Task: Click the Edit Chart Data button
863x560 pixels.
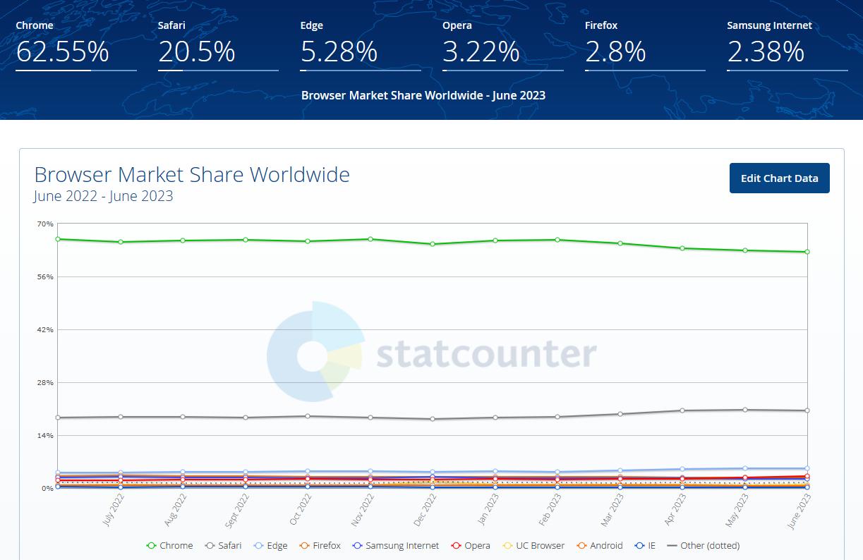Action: point(779,178)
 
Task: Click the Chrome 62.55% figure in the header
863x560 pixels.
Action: point(62,52)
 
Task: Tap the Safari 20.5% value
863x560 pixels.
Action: point(196,52)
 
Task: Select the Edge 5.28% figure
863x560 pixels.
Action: point(339,52)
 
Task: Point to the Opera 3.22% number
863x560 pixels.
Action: point(481,52)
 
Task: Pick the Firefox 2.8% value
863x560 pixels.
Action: point(615,52)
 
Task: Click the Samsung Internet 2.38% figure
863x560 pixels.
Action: point(766,52)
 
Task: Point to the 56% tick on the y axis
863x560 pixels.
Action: point(45,276)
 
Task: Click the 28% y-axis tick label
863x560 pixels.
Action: point(45,382)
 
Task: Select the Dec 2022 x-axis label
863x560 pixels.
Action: point(421,509)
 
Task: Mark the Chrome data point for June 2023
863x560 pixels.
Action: point(807,252)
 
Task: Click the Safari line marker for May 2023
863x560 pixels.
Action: point(744,410)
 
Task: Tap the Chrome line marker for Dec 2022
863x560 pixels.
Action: point(433,244)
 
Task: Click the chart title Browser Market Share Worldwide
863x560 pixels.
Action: point(192,174)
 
